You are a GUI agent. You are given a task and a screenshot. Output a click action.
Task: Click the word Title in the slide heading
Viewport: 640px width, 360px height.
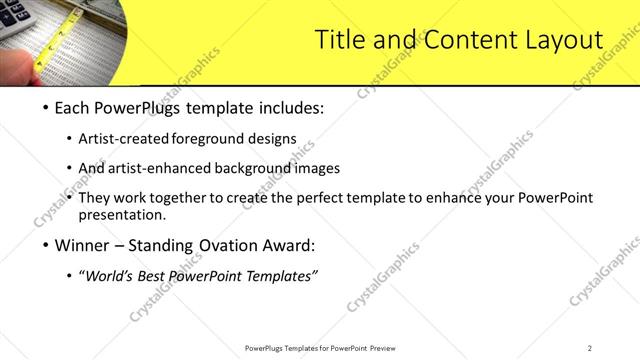[337, 41]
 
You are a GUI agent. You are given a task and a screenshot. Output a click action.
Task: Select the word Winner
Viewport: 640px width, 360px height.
[81, 245]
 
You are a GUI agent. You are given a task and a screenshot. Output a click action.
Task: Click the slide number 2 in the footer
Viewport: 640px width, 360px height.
[589, 348]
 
